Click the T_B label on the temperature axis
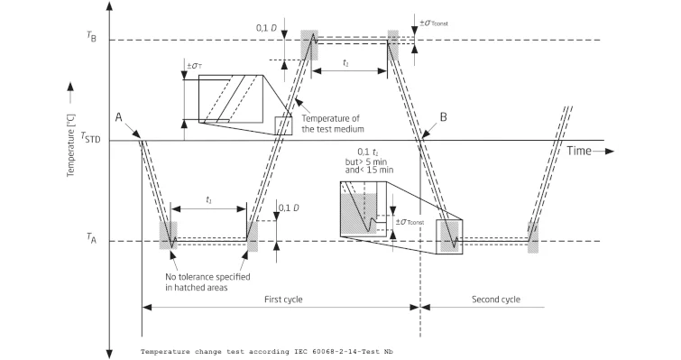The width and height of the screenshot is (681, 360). pos(91,36)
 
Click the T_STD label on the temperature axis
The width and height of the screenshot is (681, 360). pos(90,137)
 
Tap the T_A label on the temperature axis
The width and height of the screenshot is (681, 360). pos(91,237)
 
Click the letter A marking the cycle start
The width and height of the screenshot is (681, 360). pos(118,117)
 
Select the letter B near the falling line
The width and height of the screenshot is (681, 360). pos(444,117)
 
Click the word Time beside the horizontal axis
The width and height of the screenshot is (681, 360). pos(579,151)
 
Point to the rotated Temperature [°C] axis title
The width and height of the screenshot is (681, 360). pos(71,145)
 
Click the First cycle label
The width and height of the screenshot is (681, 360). pos(283,300)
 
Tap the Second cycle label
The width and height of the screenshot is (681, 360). pos(496,300)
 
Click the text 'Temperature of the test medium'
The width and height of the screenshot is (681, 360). pos(333,124)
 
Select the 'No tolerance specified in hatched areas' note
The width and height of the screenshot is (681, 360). pos(207,282)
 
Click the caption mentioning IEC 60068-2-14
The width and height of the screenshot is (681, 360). pos(267,352)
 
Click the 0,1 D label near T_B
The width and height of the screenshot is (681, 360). pos(266,28)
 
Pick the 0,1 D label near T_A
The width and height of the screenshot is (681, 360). pos(289,208)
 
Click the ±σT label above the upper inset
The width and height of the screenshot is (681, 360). pos(195,66)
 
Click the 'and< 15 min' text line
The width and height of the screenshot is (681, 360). pos(369,170)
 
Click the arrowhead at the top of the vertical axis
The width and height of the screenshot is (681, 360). pos(109,6)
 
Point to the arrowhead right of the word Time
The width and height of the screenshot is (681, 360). pos(610,151)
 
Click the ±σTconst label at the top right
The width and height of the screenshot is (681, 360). pos(434,23)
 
